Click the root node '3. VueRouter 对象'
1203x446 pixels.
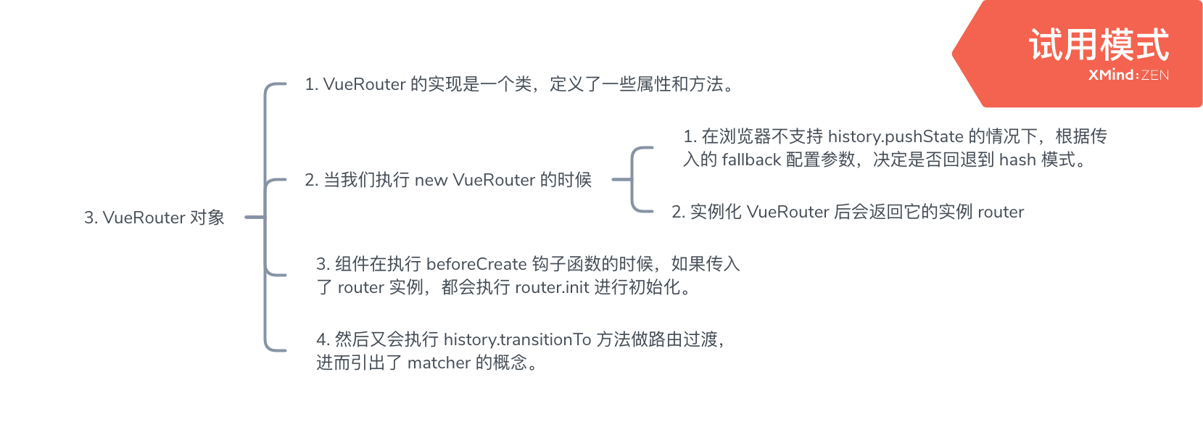click(154, 218)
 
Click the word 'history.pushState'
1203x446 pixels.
click(896, 136)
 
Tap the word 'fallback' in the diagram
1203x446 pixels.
click(751, 160)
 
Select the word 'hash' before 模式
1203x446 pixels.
click(1017, 160)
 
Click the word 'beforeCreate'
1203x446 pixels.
click(476, 264)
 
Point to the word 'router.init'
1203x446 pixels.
click(552, 287)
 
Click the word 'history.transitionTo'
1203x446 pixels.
click(517, 339)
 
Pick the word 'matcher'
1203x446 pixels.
click(439, 363)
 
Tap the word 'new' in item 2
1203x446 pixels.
click(431, 180)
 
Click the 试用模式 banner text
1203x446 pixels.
click(1099, 45)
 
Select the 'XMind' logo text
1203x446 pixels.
click(1111, 75)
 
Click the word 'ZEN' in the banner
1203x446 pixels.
click(1155, 75)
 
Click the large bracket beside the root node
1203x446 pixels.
click(266, 218)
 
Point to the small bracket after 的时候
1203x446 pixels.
click(633, 180)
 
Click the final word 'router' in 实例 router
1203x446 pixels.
click(1001, 212)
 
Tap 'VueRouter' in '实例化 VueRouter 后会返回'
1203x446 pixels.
click(787, 212)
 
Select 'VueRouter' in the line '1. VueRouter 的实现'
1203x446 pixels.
click(364, 84)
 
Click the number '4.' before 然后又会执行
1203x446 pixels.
click(323, 339)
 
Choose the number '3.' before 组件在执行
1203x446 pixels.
click(323, 264)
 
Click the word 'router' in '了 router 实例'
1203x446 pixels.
click(360, 287)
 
